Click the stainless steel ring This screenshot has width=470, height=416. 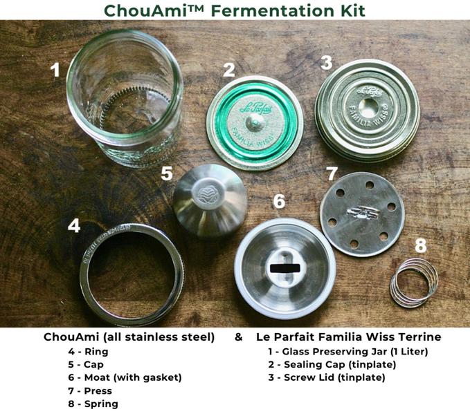(131, 260)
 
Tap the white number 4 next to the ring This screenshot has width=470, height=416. (74, 226)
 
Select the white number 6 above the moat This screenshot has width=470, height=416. (278, 201)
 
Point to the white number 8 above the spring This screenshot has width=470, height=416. (420, 245)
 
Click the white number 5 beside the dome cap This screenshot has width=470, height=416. (167, 173)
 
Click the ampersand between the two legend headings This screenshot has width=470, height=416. (238, 338)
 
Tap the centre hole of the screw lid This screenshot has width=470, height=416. (368, 106)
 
